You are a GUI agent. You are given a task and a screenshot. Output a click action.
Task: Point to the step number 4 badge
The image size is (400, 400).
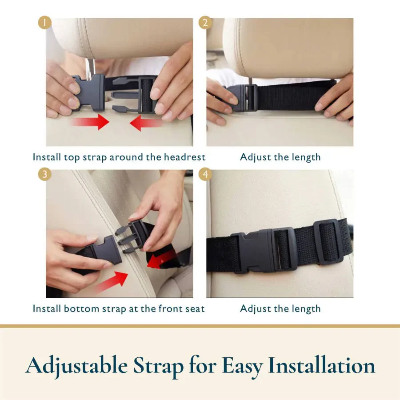[x=205, y=174]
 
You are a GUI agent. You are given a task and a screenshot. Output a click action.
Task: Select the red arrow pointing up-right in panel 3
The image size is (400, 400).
[x=111, y=282]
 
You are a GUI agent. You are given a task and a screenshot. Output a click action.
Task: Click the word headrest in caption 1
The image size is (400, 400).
[x=184, y=157]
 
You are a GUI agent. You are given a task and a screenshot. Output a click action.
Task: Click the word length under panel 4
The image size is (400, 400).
[x=304, y=308]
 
